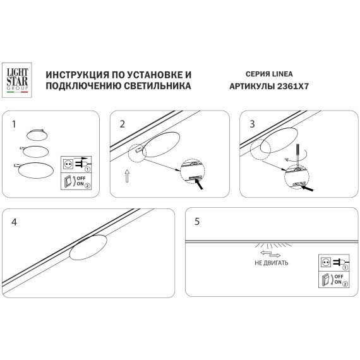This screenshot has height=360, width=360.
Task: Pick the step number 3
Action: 251,124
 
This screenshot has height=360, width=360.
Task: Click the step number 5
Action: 197,222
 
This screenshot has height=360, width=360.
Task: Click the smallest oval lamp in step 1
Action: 36,133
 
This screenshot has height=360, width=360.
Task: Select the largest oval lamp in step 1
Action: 37,169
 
